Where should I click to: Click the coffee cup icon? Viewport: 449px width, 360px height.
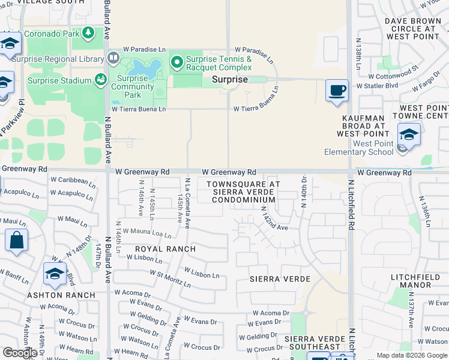click(337, 91)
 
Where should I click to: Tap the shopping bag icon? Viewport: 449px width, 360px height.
click(16, 240)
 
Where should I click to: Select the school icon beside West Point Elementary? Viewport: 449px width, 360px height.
click(408, 134)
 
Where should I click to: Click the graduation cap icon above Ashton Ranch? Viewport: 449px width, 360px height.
click(55, 274)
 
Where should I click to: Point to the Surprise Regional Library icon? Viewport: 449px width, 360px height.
click(113, 58)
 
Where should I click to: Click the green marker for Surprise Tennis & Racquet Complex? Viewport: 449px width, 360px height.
click(176, 62)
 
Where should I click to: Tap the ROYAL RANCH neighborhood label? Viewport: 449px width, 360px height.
click(165, 248)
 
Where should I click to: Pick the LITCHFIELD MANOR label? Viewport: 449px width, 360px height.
click(419, 280)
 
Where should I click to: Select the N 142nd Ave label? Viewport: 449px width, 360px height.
click(274, 218)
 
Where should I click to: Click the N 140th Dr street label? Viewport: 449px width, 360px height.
click(304, 193)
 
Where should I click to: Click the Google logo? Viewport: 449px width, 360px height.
click(19, 353)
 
